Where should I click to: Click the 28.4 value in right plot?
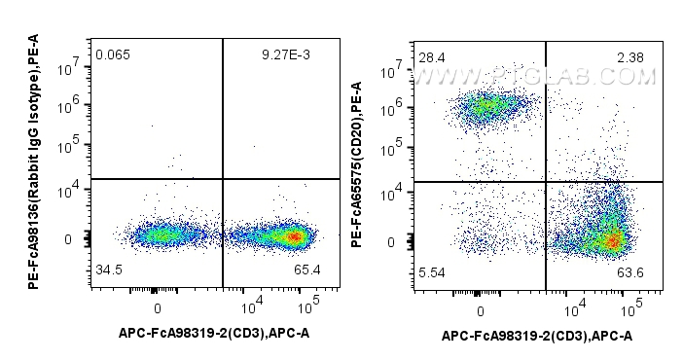(x=428, y=58)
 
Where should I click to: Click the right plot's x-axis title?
(x=537, y=338)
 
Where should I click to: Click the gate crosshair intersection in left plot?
(x=223, y=179)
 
